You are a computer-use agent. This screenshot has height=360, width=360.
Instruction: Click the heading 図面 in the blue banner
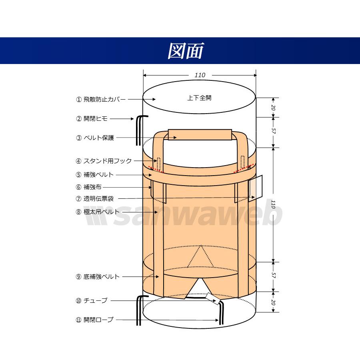point(186,51)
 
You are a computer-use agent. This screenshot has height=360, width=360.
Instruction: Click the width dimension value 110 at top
point(200,75)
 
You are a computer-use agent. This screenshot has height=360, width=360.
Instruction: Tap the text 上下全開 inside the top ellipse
point(199,98)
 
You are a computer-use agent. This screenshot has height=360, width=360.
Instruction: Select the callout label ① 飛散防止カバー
point(101,100)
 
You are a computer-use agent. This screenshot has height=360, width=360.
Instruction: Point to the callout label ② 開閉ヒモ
point(92,119)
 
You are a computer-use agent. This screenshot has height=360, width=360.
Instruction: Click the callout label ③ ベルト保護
point(95,138)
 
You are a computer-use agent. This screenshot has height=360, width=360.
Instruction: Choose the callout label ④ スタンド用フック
point(104,161)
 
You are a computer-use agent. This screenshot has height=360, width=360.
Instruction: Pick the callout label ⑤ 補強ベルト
point(94,175)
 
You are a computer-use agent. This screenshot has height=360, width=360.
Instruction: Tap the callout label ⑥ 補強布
point(89,187)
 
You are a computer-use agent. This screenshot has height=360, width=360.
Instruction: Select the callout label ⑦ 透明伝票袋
point(94,198)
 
